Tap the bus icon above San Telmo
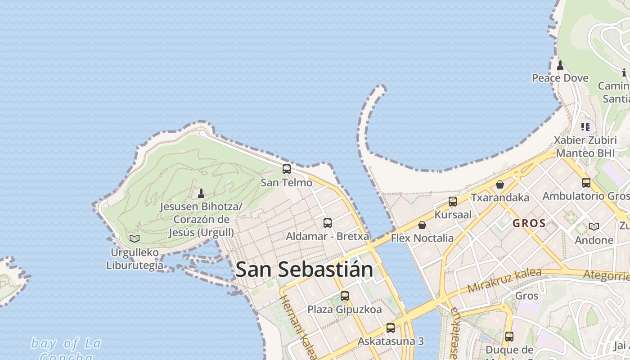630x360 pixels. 287,169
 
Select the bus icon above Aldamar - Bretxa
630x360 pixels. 328,223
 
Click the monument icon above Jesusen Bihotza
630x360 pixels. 201,193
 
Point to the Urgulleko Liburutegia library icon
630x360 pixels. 134,238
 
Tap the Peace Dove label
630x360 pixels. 560,78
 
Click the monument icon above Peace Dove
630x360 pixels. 560,65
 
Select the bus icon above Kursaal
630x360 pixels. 453,202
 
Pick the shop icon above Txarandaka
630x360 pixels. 499,184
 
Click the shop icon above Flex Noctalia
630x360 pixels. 422,225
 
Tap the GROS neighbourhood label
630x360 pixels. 529,223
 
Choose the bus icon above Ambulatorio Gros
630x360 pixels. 586,183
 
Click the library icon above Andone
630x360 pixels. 594,226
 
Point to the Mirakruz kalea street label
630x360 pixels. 498,280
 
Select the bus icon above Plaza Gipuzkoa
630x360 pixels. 345,296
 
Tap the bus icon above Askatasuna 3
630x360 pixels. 391,328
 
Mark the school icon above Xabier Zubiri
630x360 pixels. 585,127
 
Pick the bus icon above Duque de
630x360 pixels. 509,336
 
